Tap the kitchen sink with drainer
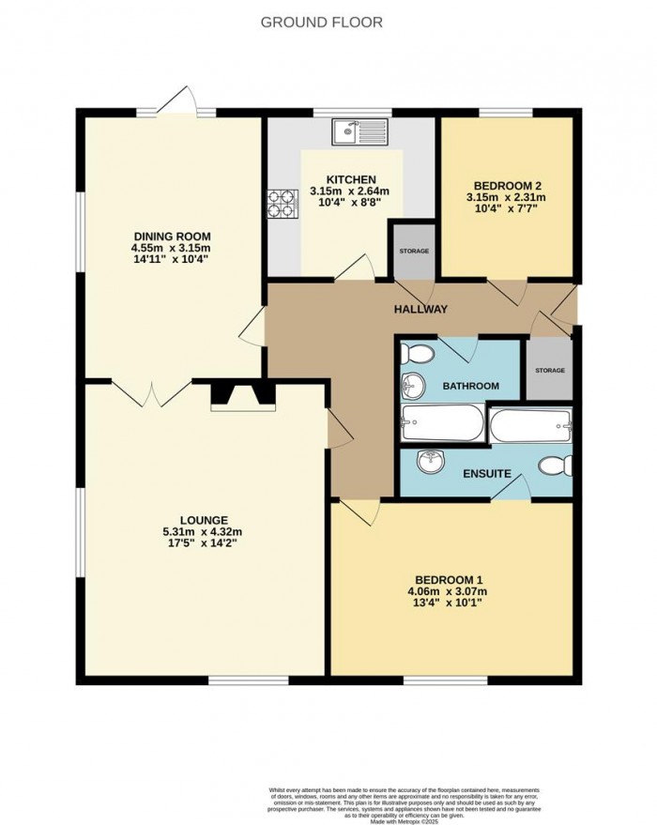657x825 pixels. pos(359,132)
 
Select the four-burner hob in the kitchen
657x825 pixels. pos(281,205)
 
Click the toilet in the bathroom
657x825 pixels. pos(415,354)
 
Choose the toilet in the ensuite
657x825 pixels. pos(557,465)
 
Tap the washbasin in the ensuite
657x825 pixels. pos(431,461)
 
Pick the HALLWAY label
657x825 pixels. pos(420,310)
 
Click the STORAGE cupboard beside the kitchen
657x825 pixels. pos(413,251)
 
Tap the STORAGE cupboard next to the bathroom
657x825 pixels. pos(550,369)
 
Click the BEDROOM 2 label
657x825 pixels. pos(507,185)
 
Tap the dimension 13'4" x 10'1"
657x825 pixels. pos(448,603)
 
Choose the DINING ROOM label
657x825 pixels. pos(172,236)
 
